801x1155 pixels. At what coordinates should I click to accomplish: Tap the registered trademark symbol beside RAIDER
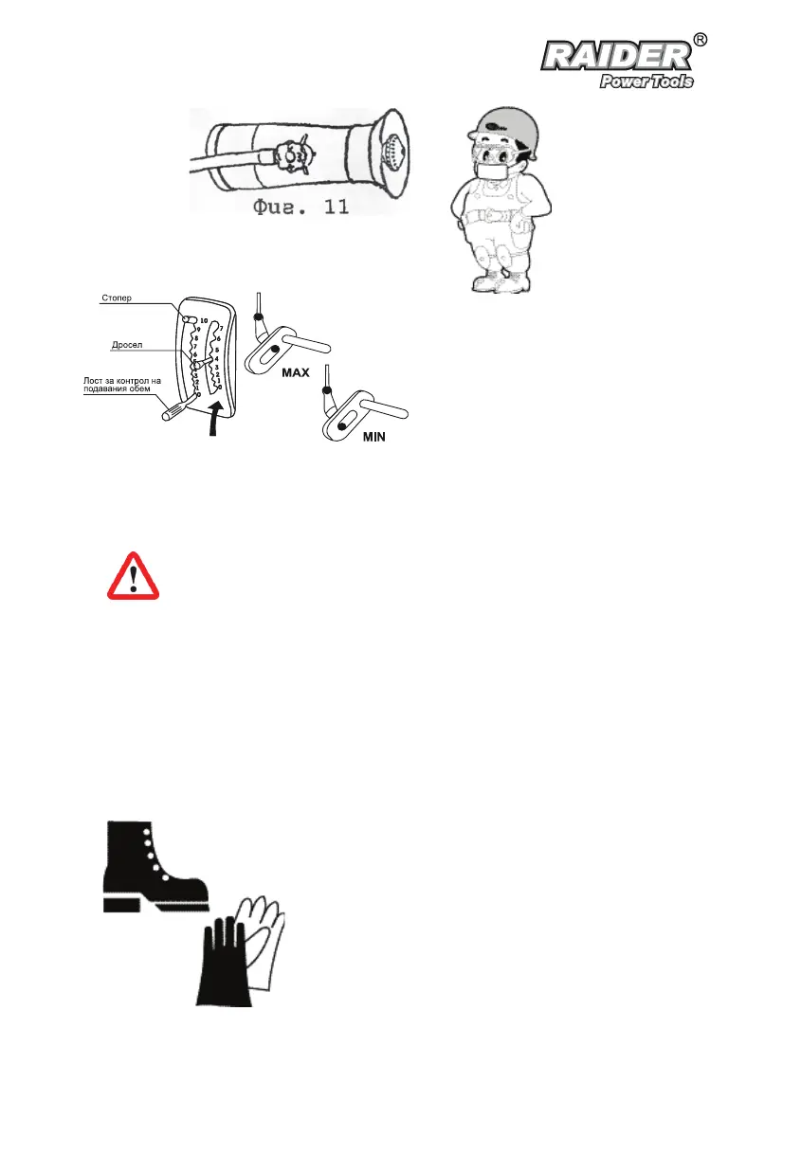click(x=700, y=40)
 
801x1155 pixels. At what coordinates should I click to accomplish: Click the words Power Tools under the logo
click(x=646, y=81)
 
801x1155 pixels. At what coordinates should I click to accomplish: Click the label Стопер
click(x=118, y=298)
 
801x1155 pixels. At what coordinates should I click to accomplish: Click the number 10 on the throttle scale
click(x=204, y=321)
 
